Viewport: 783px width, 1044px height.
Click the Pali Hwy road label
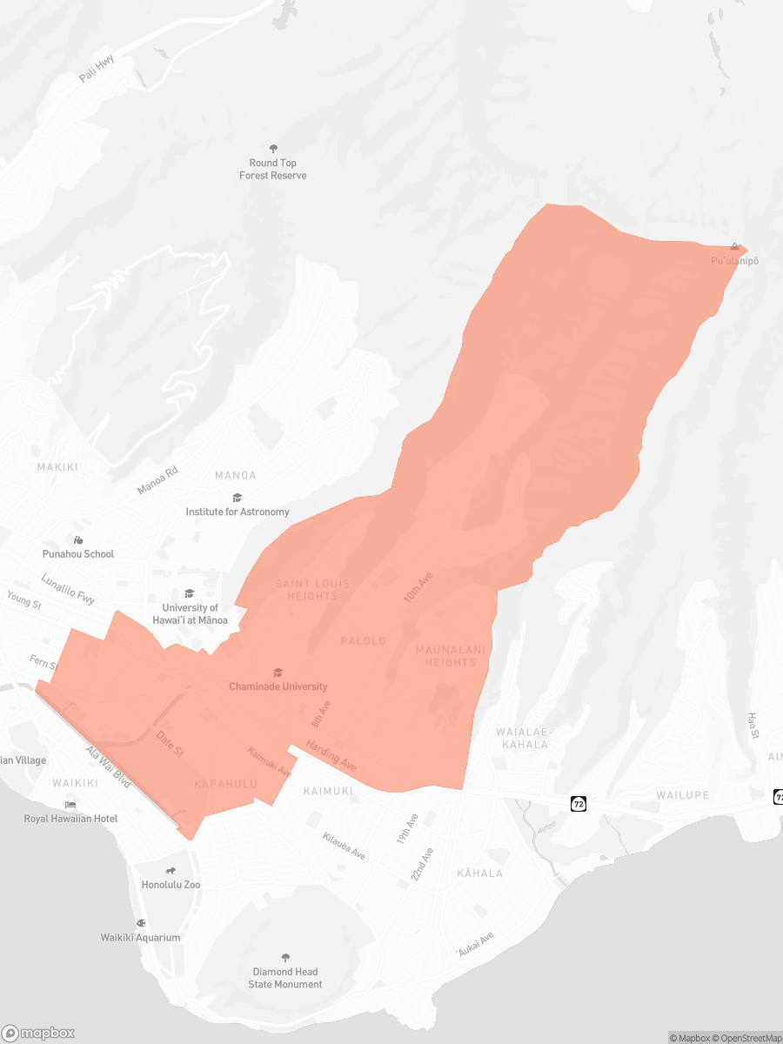tap(97, 69)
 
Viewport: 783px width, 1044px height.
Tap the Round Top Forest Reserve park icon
tap(273, 149)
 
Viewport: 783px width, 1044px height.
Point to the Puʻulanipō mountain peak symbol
tap(735, 247)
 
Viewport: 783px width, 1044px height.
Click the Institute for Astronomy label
tap(238, 512)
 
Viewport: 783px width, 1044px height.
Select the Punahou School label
tap(78, 553)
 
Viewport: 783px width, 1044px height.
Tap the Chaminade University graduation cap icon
tap(278, 673)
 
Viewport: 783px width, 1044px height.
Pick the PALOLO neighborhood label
tap(363, 641)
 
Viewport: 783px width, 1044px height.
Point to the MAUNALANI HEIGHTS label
tap(451, 656)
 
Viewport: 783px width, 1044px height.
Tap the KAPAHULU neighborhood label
tap(226, 784)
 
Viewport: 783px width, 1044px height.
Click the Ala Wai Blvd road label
tap(108, 766)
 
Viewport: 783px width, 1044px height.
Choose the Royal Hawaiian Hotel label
tap(70, 819)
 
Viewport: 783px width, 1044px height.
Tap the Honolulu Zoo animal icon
tap(171, 871)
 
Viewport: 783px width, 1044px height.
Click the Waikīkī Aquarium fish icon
tap(140, 923)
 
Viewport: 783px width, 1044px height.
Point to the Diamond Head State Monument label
tap(285, 978)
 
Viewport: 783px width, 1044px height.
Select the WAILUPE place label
tap(683, 795)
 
